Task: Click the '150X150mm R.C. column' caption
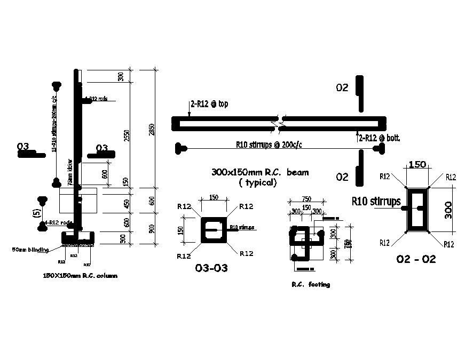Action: [x=80, y=276]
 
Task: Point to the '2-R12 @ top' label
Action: [x=209, y=104]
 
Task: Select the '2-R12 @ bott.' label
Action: [x=379, y=138]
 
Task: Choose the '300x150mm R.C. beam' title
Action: [x=260, y=172]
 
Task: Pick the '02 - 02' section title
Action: [x=416, y=259]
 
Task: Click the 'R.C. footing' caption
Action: [x=311, y=284]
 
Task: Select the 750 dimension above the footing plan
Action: [x=307, y=200]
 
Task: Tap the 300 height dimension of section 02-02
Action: [x=447, y=210]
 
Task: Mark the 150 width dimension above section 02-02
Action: [x=417, y=165]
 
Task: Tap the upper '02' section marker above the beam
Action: [x=342, y=87]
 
